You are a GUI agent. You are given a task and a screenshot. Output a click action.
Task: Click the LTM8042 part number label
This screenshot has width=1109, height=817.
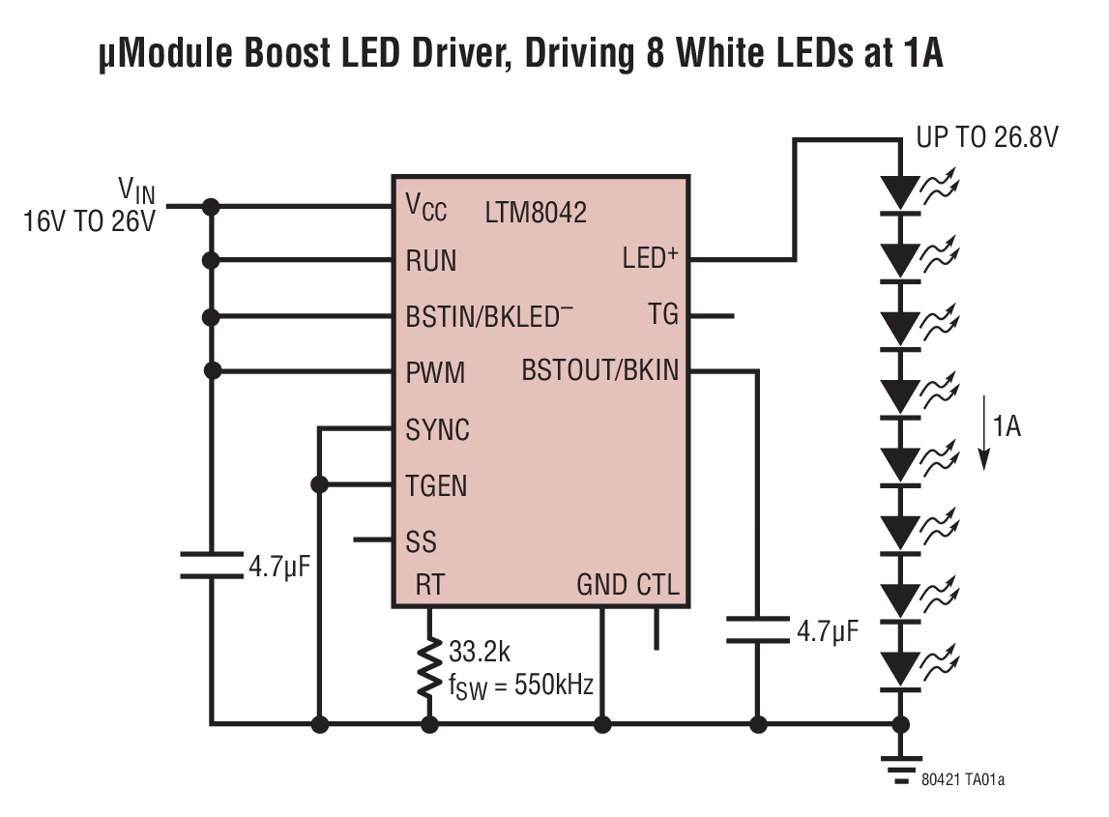(x=536, y=213)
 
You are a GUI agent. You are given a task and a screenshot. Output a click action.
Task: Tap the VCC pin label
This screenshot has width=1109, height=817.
(x=425, y=206)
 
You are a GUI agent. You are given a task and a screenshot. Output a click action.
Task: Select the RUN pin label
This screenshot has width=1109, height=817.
(x=431, y=261)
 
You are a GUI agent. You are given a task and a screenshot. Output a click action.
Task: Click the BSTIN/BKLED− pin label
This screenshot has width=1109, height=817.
(x=489, y=316)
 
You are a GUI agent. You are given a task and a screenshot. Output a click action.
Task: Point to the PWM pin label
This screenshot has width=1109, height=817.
(x=435, y=372)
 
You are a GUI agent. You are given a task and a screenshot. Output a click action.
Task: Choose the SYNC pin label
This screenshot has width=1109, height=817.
(x=438, y=429)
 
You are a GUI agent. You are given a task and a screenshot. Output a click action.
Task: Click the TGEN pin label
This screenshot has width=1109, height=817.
(x=437, y=485)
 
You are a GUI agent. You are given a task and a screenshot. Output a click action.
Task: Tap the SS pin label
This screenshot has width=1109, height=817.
(x=422, y=540)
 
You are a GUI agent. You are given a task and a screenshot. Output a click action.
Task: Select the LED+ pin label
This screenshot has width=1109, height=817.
(x=650, y=259)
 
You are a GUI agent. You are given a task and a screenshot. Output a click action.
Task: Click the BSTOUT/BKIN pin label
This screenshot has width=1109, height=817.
(x=599, y=370)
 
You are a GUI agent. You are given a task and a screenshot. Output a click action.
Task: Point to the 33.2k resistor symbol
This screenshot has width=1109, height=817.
(x=429, y=667)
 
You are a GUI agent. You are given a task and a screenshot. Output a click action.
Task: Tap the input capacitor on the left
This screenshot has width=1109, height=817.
(x=211, y=565)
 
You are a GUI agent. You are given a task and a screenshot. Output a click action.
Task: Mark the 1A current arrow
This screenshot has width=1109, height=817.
(x=985, y=432)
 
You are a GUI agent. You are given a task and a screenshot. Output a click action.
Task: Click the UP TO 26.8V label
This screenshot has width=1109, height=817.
(x=986, y=138)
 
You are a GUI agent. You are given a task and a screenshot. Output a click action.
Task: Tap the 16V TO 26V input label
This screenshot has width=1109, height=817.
(x=89, y=220)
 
